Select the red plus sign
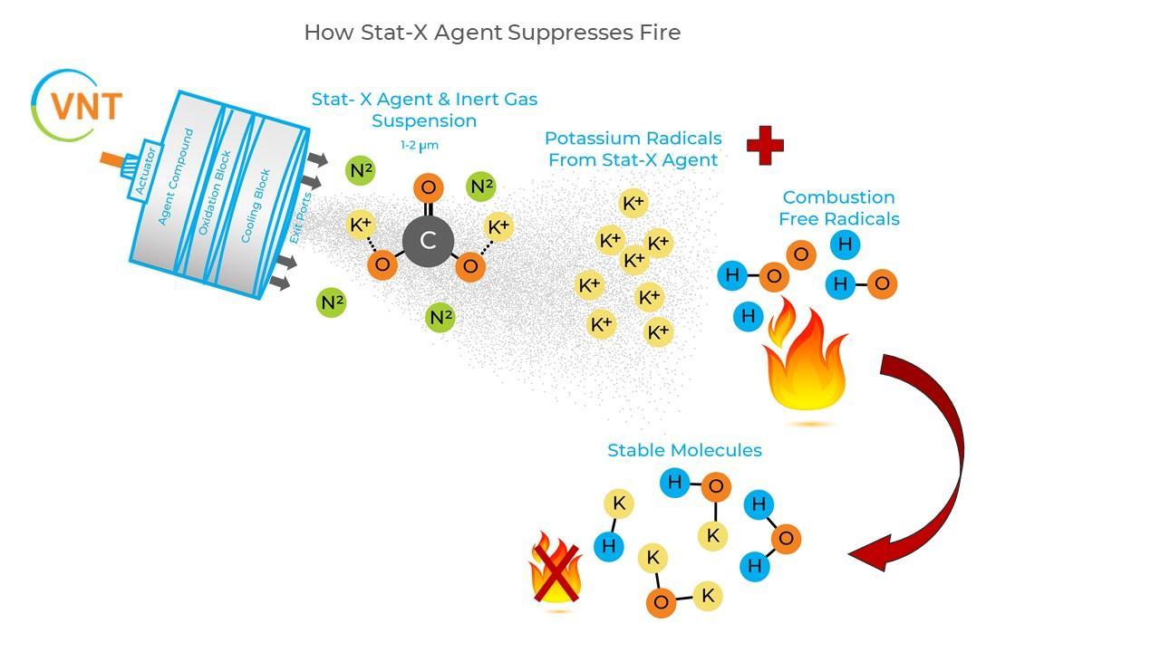point(765,145)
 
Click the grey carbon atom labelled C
point(428,241)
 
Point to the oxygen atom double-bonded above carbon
point(428,188)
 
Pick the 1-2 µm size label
point(420,145)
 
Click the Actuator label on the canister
point(146,171)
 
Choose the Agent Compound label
point(176,177)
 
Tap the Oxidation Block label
point(215,193)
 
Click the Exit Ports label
point(301,217)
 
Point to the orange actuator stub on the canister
point(113,160)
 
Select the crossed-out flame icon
point(556,570)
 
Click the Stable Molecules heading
point(684,450)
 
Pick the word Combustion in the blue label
point(838,197)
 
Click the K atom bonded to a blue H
point(619,503)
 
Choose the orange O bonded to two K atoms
point(662,602)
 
